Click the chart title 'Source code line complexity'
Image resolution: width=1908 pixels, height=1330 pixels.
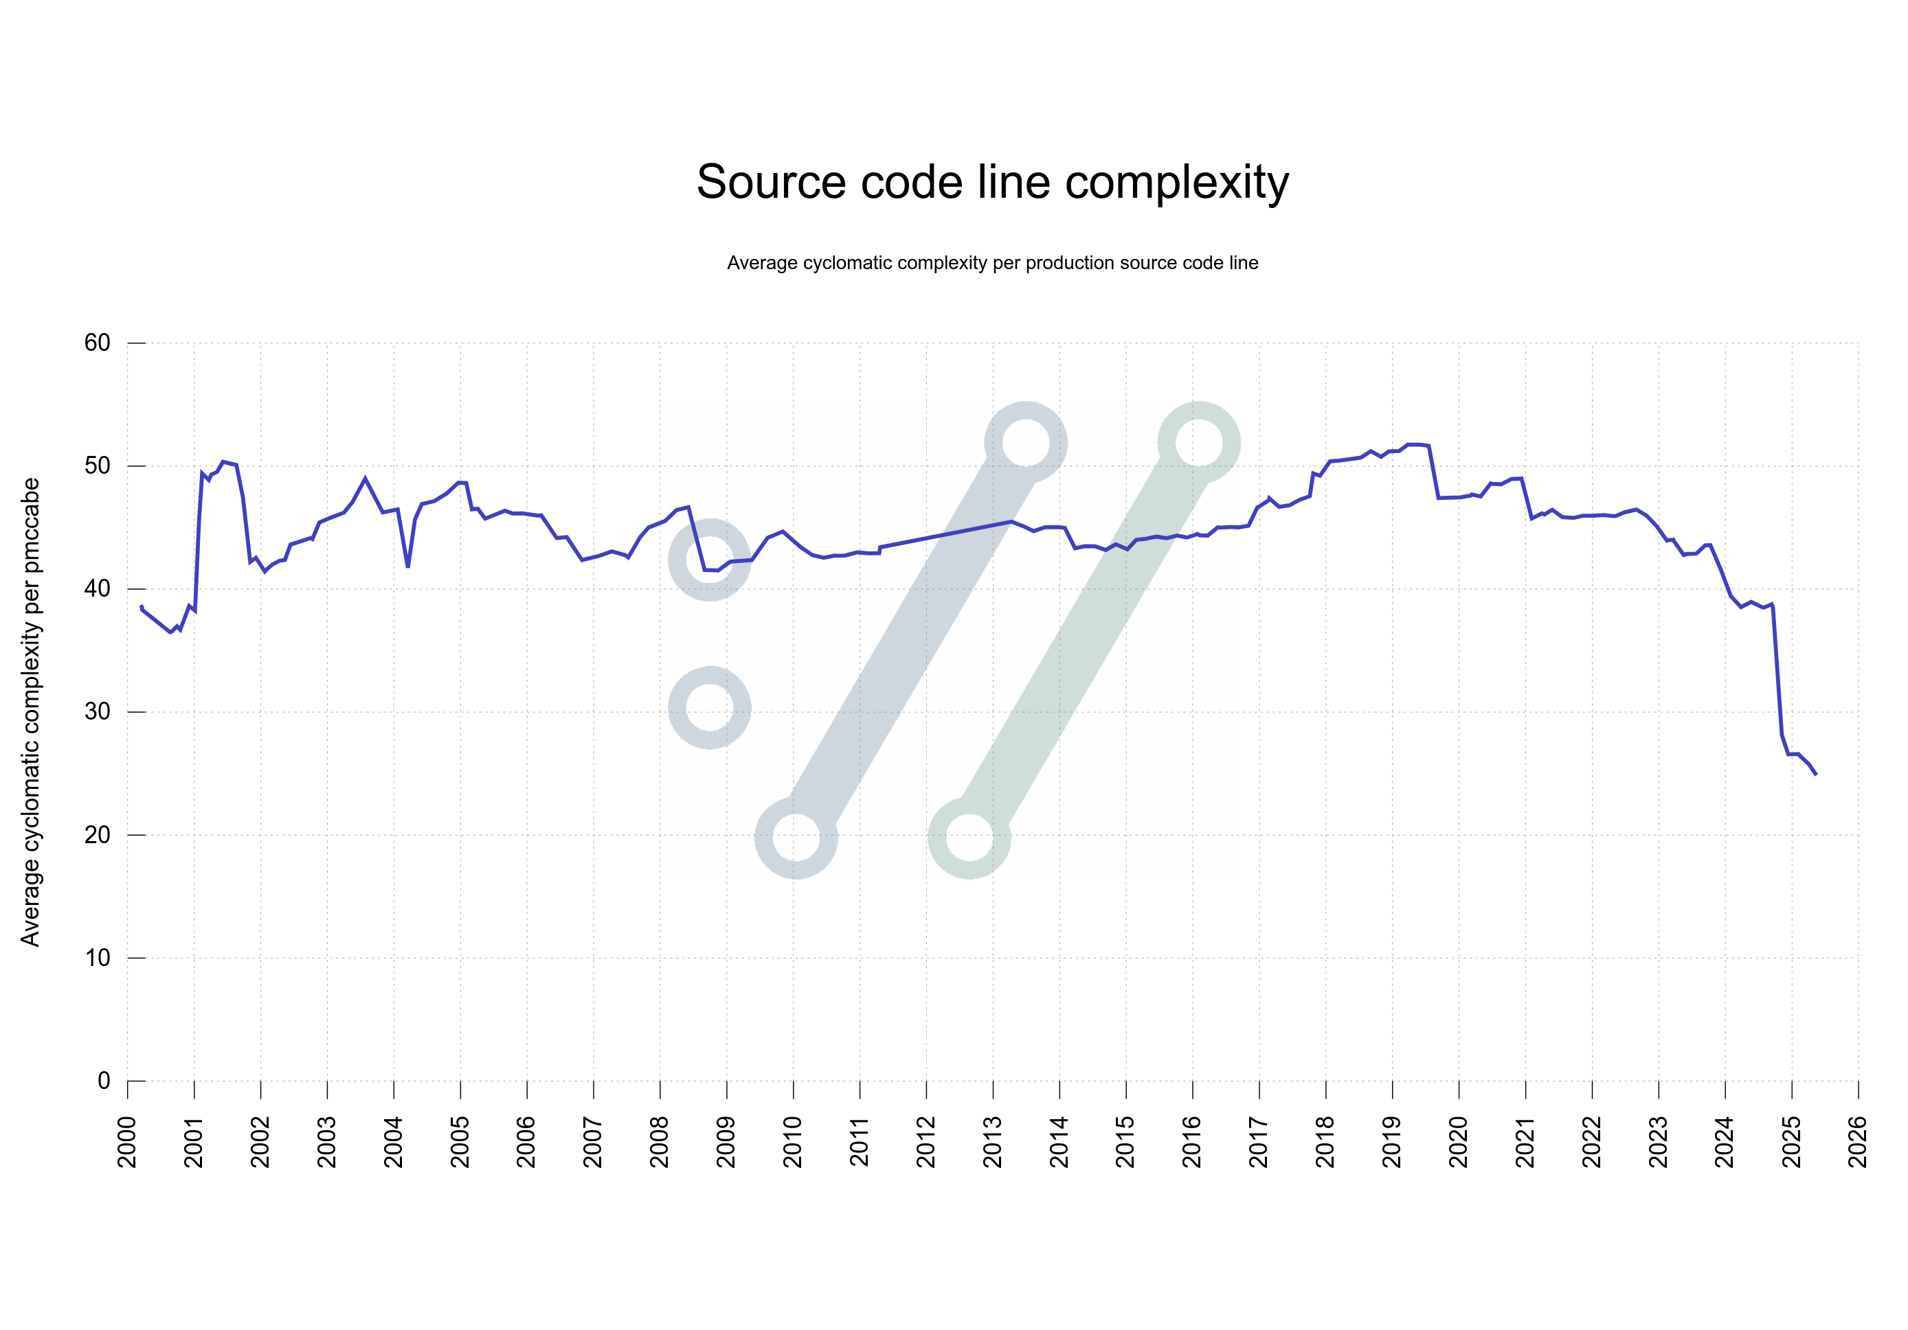click(992, 182)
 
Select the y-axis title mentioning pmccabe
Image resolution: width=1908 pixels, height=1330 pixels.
click(31, 712)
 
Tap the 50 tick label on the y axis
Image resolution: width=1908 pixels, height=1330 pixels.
click(98, 466)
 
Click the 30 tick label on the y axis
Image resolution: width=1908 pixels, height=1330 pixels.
click(98, 711)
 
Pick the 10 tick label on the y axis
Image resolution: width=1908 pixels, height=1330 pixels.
click(98, 958)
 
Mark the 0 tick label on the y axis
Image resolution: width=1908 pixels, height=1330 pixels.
click(104, 1081)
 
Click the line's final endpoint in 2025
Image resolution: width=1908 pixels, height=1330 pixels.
click(1816, 775)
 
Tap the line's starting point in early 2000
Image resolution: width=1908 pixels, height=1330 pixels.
click(142, 606)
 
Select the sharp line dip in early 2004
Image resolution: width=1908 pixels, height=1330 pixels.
click(408, 566)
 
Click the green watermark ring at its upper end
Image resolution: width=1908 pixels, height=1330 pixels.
click(1198, 442)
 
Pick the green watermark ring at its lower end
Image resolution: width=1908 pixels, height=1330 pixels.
click(969, 838)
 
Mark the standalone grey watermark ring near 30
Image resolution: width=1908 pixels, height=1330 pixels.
click(710, 707)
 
